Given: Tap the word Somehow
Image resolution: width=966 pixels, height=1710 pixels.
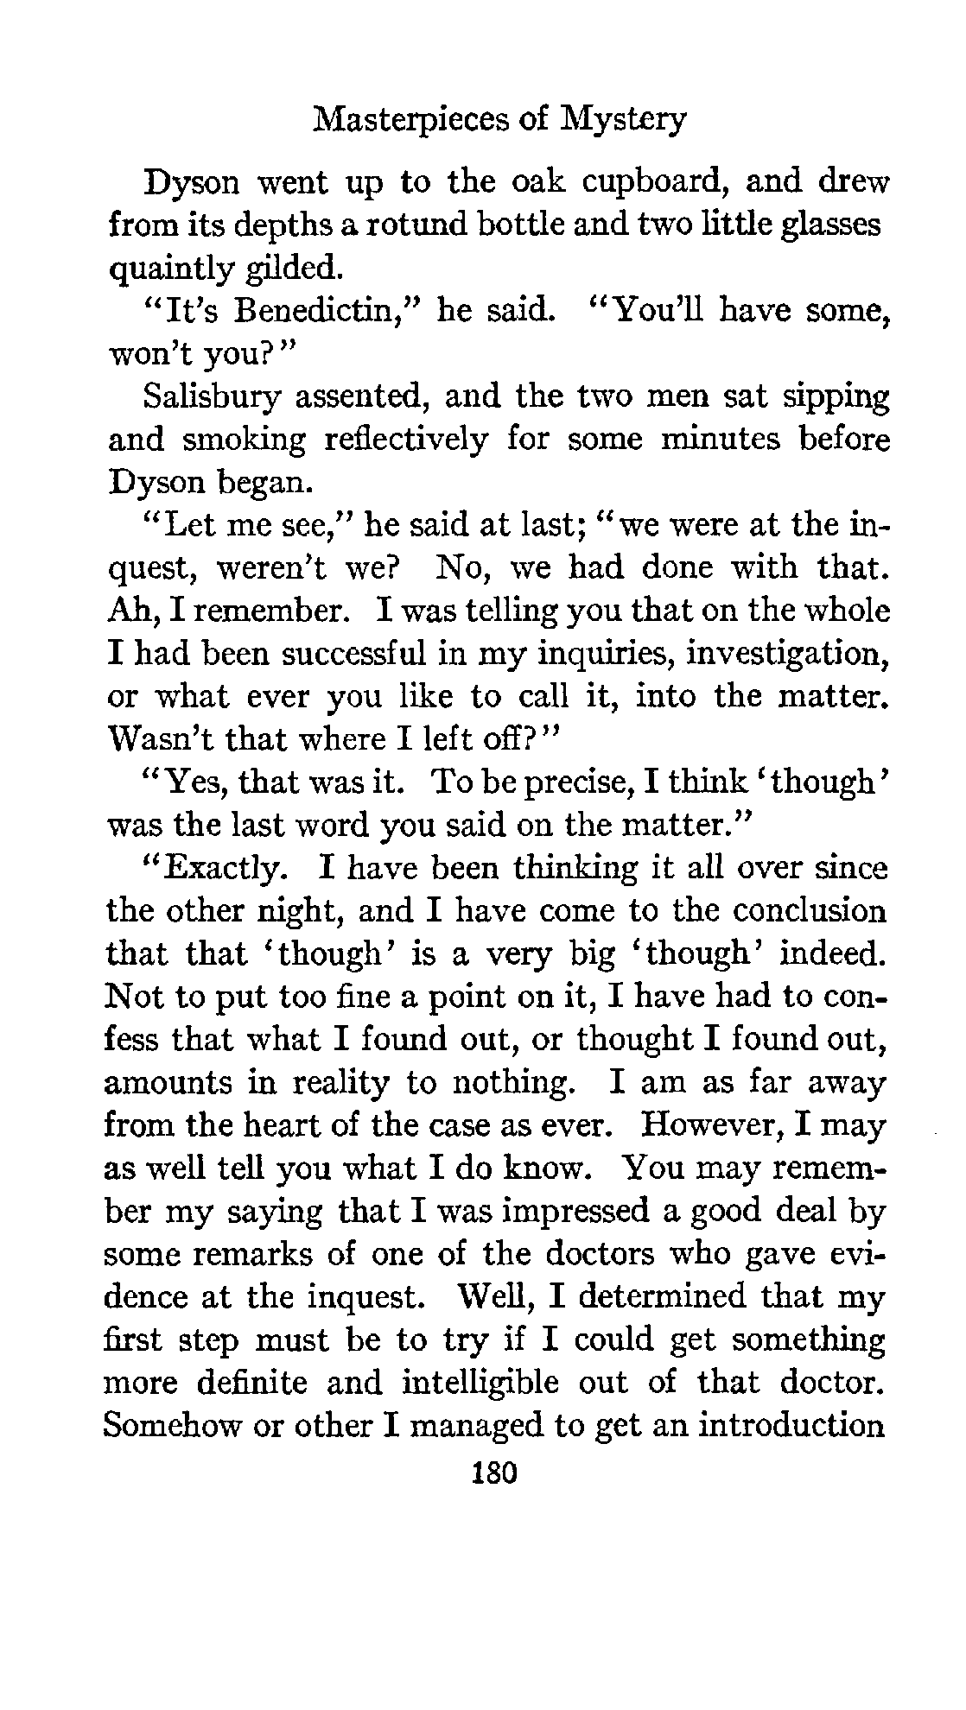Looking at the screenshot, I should click(x=170, y=1425).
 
